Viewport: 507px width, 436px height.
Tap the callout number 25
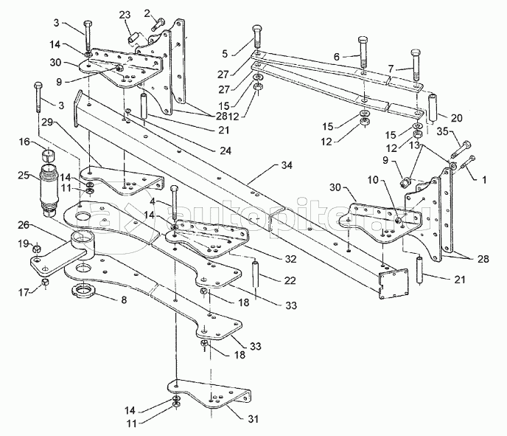click(x=23, y=175)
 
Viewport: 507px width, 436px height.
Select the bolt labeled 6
click(x=362, y=50)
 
